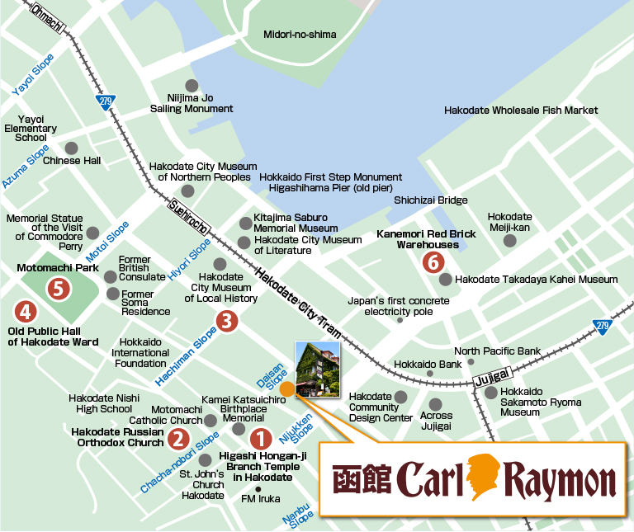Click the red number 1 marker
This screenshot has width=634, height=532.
click(x=260, y=439)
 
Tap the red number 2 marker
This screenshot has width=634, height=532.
click(x=177, y=439)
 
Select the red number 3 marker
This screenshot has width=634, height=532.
click(x=227, y=321)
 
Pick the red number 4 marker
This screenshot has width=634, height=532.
click(x=26, y=312)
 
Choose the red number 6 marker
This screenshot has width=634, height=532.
click(x=432, y=262)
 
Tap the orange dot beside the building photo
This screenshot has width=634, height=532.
click(x=286, y=388)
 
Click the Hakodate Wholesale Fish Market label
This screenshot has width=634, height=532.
click(x=521, y=110)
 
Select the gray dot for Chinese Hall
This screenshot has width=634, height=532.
click(x=71, y=148)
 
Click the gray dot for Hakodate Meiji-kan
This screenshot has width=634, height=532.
click(x=509, y=241)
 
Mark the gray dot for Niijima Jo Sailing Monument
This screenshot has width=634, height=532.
click(x=192, y=85)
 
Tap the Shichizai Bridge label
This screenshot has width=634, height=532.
click(x=430, y=200)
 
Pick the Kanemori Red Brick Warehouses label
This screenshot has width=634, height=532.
click(x=426, y=239)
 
